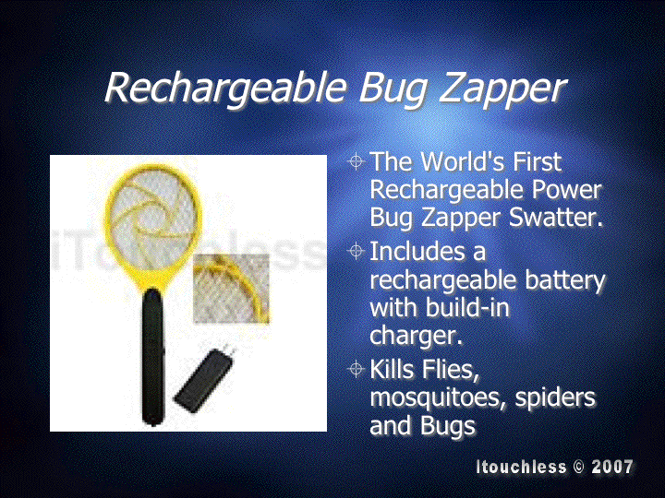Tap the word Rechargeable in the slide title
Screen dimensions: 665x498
225,89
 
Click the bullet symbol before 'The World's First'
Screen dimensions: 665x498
356,160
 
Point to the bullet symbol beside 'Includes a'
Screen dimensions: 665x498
356,251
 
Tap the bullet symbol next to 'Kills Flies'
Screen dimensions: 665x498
356,369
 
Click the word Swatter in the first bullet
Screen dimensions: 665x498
556,218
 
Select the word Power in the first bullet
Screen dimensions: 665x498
566,189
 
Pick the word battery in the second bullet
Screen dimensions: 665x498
565,280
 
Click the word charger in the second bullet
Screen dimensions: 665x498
416,337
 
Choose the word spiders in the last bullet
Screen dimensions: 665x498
555,398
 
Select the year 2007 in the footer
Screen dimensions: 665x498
612,467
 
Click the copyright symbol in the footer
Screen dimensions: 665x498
578,467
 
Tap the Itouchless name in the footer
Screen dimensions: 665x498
521,467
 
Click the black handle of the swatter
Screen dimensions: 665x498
152,357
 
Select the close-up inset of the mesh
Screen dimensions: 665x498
232,289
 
